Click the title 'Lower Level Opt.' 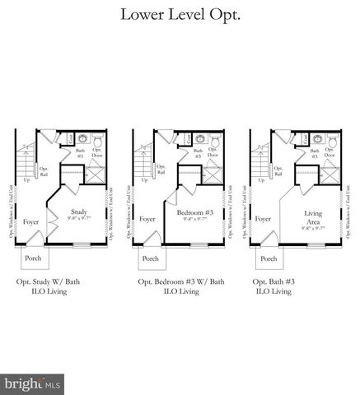[x=180, y=15]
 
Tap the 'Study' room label [x=78, y=211]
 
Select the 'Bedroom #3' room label [x=195, y=212]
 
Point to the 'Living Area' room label [x=312, y=214]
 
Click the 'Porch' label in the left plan [x=34, y=258]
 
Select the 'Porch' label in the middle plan [x=151, y=258]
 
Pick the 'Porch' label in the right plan [x=268, y=258]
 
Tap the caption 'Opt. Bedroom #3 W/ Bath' [x=180, y=282]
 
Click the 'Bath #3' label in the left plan [x=80, y=153]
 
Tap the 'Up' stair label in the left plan [x=27, y=179]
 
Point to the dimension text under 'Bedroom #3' [x=195, y=220]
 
